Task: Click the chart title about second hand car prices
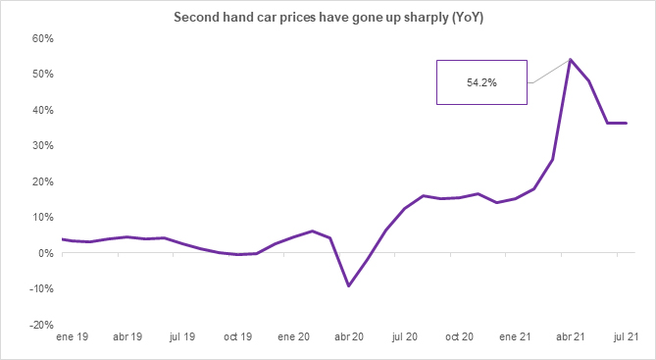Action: (x=328, y=18)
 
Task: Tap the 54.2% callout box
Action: (x=481, y=82)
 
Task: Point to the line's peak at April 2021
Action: (x=571, y=60)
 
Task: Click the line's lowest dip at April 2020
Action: (x=349, y=286)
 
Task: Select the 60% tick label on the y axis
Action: (x=42, y=38)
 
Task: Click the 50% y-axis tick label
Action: (x=42, y=75)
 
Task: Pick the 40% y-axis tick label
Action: (x=42, y=110)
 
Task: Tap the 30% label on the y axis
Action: (x=42, y=145)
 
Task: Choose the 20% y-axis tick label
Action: (x=42, y=181)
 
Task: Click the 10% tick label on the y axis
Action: (x=42, y=217)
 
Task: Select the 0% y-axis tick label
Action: (x=45, y=253)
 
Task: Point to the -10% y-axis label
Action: (x=40, y=288)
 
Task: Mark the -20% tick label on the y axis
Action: (x=40, y=324)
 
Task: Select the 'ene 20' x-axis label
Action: (x=293, y=335)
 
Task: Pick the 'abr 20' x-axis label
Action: (x=349, y=335)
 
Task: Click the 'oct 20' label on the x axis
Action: (x=460, y=335)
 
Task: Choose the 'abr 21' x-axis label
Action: (x=571, y=335)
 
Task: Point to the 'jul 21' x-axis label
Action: (x=627, y=335)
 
